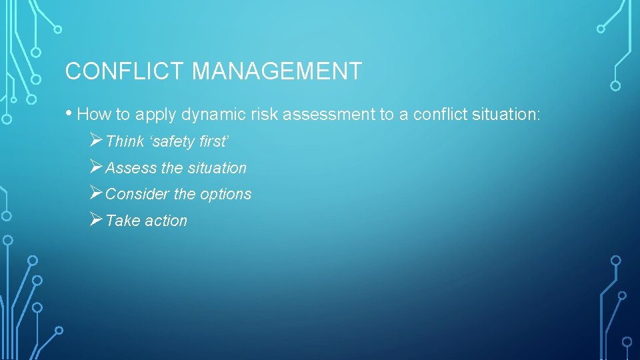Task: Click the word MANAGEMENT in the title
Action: pyautogui.click(x=277, y=71)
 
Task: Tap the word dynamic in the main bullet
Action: pyautogui.click(x=192, y=115)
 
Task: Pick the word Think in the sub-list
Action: pyautogui.click(x=125, y=141)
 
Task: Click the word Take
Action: pyautogui.click(x=121, y=221)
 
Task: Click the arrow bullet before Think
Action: pyautogui.click(x=95, y=141)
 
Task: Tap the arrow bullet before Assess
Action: pyautogui.click(x=95, y=167)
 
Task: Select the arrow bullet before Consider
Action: pyautogui.click(x=95, y=193)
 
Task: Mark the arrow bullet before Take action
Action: pyautogui.click(x=95, y=220)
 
